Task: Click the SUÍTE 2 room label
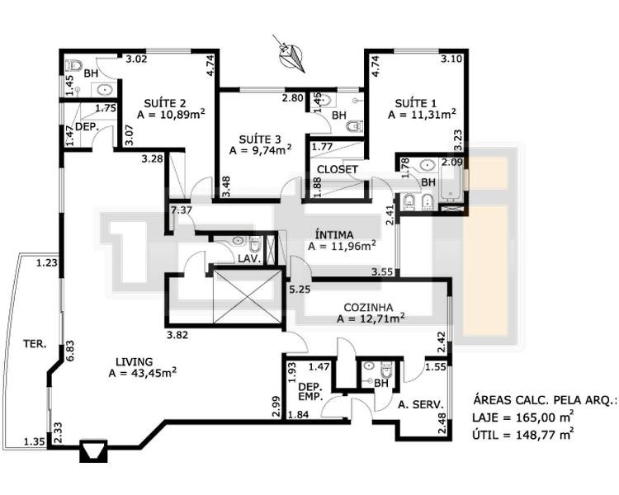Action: click(x=165, y=103)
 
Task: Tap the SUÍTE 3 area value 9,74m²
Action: click(x=261, y=150)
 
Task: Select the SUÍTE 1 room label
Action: click(x=416, y=103)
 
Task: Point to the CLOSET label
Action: click(x=338, y=169)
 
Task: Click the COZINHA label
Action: click(x=368, y=307)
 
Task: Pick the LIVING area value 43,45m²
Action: click(x=143, y=373)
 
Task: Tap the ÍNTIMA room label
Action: click(x=334, y=235)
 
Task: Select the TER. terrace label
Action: click(x=35, y=344)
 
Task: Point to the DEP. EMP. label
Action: click(x=310, y=392)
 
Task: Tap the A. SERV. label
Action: click(x=421, y=404)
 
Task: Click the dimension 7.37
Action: click(x=182, y=210)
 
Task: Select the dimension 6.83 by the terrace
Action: click(x=69, y=351)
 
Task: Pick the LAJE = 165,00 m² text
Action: click(x=523, y=417)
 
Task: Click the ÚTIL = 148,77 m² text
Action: click(x=523, y=435)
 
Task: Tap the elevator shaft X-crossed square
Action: click(x=248, y=297)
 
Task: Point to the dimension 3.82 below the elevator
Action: click(x=177, y=335)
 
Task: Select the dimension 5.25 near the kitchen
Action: click(x=300, y=290)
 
